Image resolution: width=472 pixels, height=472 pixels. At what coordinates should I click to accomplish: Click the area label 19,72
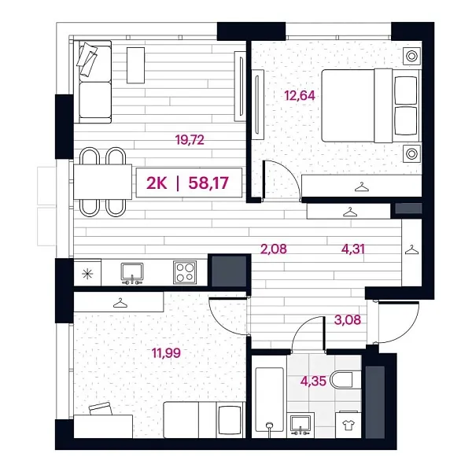click(x=189, y=141)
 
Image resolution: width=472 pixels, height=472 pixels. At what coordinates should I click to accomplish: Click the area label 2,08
click(x=273, y=250)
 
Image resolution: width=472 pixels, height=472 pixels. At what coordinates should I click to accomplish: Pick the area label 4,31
click(x=352, y=250)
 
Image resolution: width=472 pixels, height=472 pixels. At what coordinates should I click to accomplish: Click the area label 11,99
click(x=166, y=352)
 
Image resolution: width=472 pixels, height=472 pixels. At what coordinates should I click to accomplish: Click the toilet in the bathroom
click(x=344, y=382)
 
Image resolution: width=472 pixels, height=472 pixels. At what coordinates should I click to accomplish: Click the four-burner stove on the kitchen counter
click(x=186, y=272)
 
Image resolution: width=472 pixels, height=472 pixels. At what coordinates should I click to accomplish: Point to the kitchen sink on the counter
click(x=132, y=271)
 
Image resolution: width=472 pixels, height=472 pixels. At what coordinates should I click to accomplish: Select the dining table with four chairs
click(x=103, y=182)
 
